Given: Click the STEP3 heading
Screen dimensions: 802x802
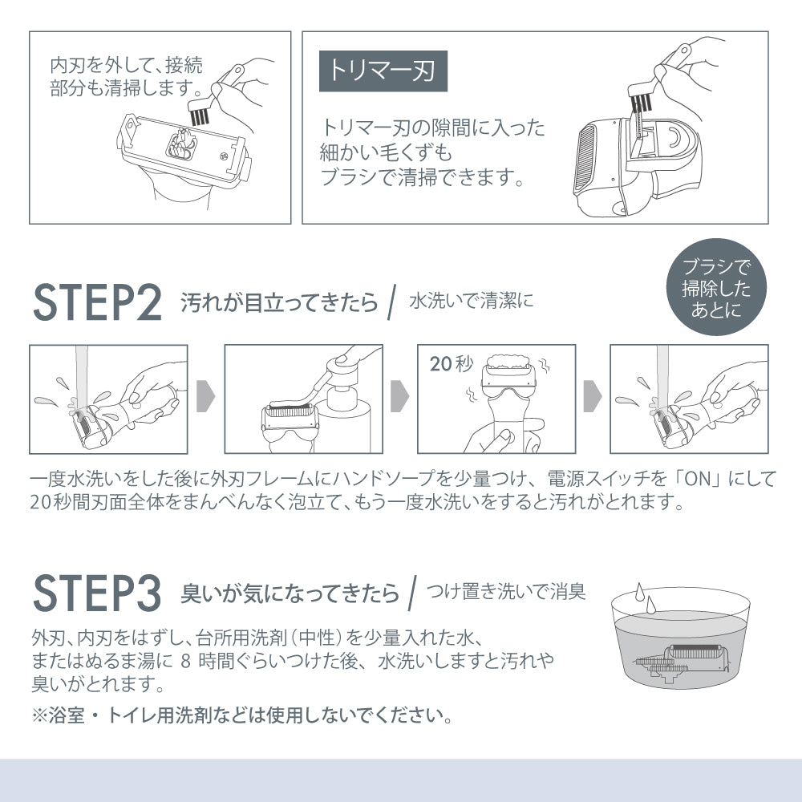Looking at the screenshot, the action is (97, 593).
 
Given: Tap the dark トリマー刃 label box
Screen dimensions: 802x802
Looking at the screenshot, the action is (383, 71).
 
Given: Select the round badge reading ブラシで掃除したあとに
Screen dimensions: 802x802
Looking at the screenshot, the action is (716, 287).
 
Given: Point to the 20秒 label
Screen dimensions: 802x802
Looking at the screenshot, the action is (452, 363).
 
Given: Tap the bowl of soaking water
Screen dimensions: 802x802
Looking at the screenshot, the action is (680, 638).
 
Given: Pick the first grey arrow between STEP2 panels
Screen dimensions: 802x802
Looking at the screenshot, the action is (206, 396).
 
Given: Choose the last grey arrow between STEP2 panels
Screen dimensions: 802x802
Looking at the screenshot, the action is (593, 396).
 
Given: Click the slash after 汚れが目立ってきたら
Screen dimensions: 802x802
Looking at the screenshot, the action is (392, 302).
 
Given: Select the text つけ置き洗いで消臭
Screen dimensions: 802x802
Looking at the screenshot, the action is (506, 591).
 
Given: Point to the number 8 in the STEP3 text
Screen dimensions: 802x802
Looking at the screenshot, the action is (186, 661).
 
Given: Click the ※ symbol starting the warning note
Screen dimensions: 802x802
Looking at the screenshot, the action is (39, 715).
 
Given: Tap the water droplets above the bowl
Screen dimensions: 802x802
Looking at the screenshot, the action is (644, 597).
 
